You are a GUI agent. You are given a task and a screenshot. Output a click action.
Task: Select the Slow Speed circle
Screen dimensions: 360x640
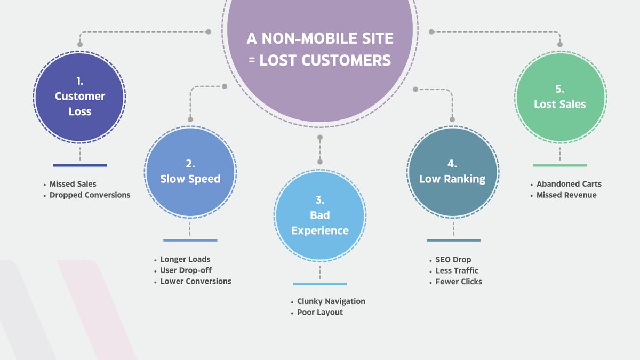tap(190, 171)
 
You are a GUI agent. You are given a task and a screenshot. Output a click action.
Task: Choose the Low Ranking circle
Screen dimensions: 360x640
tap(452, 171)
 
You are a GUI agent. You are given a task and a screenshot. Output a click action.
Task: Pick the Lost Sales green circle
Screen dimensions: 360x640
tap(560, 97)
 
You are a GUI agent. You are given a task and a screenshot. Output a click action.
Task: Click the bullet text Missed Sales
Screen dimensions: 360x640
tap(73, 184)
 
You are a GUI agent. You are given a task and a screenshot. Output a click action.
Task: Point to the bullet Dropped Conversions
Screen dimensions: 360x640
tap(90, 195)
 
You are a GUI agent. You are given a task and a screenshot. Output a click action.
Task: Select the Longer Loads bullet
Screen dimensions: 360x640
tap(185, 260)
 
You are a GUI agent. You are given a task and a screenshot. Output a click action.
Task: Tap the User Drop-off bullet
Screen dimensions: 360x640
tap(186, 270)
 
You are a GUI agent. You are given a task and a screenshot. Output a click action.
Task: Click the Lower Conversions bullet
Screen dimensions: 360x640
tap(196, 281)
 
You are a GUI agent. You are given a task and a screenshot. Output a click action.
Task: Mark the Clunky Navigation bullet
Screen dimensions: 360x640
tap(331, 301)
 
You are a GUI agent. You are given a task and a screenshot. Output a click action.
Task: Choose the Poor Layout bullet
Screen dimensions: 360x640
tap(320, 313)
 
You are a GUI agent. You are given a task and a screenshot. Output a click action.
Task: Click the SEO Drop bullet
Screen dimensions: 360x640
tap(453, 260)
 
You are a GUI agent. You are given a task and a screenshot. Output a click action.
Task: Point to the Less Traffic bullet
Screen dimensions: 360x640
tap(457, 270)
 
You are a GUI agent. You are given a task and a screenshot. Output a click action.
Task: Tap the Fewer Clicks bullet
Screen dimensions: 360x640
tap(459, 282)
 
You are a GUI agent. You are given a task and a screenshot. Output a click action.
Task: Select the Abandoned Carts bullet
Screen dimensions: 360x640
tap(569, 184)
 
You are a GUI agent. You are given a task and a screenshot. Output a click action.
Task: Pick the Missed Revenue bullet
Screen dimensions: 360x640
tap(566, 195)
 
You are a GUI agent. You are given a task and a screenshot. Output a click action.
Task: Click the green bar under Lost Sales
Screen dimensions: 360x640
tap(559, 165)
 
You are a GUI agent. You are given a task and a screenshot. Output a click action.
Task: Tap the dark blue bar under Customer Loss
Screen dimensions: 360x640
tap(80, 165)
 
